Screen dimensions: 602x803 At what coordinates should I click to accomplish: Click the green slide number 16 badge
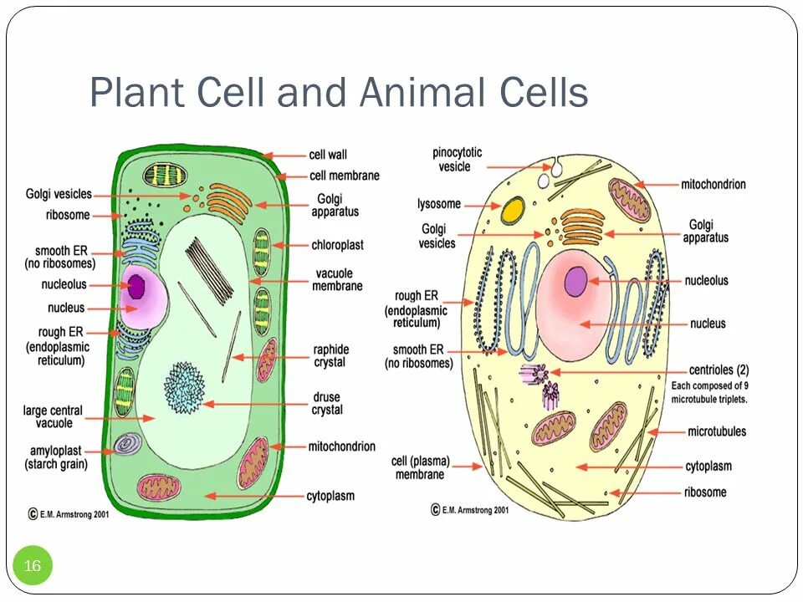pos(33,566)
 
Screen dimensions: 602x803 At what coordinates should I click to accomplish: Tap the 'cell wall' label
pos(328,155)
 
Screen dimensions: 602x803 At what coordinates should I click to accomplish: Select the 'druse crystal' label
pos(327,404)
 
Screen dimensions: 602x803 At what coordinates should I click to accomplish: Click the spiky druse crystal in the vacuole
pos(184,388)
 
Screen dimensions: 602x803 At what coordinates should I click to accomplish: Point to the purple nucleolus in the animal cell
pos(575,281)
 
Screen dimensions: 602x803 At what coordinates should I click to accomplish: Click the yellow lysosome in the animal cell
pos(512,209)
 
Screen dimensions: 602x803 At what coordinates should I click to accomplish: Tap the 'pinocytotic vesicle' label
pos(457,160)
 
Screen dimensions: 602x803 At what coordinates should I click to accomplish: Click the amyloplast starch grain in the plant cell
pos(127,444)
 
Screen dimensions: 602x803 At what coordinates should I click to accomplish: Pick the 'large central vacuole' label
pos(53,416)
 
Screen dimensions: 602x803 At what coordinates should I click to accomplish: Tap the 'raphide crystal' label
pos(330,356)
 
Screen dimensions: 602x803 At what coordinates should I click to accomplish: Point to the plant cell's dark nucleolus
pos(135,288)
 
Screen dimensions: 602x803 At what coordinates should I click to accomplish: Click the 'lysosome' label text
pos(439,204)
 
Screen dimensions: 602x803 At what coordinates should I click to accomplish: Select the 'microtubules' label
pos(716,431)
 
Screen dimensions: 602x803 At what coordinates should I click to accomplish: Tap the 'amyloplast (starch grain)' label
pos(56,457)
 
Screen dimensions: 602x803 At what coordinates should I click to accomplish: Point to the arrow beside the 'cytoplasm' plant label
pos(251,496)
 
